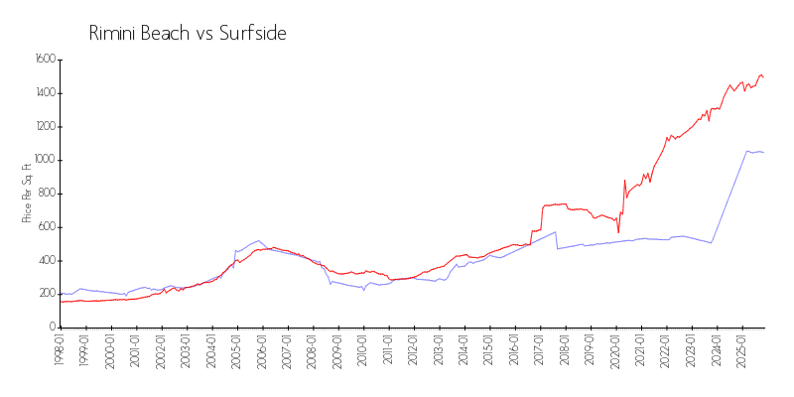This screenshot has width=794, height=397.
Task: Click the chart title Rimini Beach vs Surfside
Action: (x=188, y=34)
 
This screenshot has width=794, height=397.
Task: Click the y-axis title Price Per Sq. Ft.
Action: (x=27, y=194)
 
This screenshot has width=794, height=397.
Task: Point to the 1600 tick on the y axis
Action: (x=45, y=60)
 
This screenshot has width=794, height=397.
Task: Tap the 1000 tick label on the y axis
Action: (x=45, y=160)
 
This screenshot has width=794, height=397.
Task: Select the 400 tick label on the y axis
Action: (x=47, y=260)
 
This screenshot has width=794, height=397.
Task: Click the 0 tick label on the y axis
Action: (x=52, y=327)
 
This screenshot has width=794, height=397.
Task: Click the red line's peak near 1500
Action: (x=760, y=74)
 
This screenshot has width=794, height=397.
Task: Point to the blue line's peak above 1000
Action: (x=747, y=151)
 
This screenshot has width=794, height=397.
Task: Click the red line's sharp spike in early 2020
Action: (x=624, y=181)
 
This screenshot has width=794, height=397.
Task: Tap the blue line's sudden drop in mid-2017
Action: (x=557, y=248)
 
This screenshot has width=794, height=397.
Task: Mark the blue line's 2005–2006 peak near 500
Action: (x=259, y=240)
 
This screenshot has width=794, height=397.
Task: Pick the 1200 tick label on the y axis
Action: (x=45, y=126)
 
